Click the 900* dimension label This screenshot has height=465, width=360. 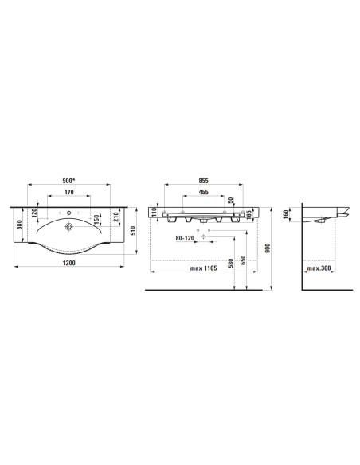click(68, 180)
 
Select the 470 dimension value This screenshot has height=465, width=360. click(68, 192)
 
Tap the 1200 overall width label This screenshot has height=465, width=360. click(68, 263)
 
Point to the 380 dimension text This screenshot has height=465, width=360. click(19, 225)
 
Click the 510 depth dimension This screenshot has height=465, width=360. click(133, 230)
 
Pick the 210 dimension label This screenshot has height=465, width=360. click(116, 217)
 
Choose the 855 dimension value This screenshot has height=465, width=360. click(203, 180)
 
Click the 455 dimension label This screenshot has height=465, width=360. click(203, 192)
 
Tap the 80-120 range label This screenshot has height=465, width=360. click(185, 238)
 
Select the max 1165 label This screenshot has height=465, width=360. click(203, 268)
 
